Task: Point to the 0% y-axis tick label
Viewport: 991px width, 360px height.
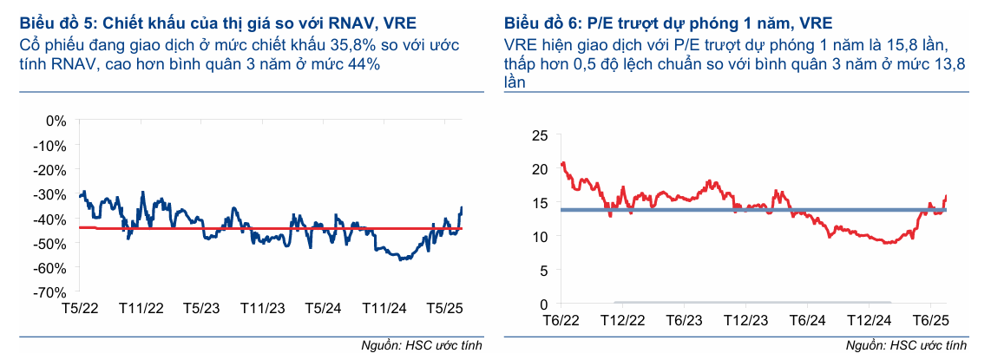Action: [x=56, y=120]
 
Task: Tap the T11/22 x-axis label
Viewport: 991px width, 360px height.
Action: [x=141, y=308]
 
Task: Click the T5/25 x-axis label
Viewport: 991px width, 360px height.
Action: [x=446, y=308]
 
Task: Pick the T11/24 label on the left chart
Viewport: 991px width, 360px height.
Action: [x=385, y=308]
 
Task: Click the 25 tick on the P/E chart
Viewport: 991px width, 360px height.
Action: [x=540, y=135]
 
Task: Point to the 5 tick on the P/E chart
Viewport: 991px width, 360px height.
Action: [x=544, y=271]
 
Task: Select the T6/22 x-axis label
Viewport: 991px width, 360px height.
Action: [x=562, y=320]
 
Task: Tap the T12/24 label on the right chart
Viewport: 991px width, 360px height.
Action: [x=869, y=320]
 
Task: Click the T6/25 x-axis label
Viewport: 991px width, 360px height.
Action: [x=929, y=320]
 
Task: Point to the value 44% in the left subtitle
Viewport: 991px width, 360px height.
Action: [x=362, y=64]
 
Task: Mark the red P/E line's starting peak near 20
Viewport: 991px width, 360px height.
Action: [x=563, y=163]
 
